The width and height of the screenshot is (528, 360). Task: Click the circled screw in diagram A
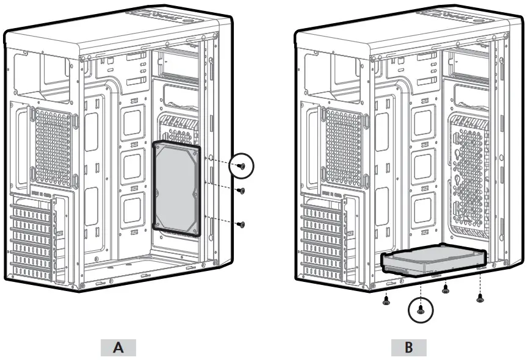(242, 165)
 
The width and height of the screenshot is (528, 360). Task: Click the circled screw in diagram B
(420, 310)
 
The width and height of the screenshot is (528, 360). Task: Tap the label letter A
(118, 348)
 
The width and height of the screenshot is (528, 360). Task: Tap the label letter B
(408, 348)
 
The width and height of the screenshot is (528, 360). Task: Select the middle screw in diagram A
(241, 190)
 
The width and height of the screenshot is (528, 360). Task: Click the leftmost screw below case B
(387, 300)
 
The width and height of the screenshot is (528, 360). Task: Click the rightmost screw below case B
(480, 298)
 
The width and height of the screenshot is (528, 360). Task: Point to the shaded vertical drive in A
(177, 188)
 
